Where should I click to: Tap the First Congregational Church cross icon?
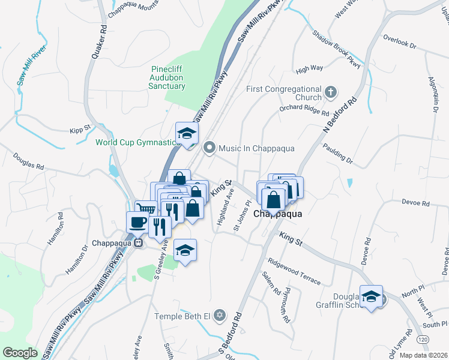click(330, 92)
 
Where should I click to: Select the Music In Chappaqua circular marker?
click(209, 147)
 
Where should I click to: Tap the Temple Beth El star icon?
click(219, 316)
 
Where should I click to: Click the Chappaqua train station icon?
click(138, 244)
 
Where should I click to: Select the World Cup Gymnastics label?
click(137, 142)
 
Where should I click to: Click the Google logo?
click(20, 353)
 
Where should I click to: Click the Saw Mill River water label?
click(31, 67)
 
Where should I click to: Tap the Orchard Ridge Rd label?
click(304, 111)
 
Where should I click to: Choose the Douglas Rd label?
click(29, 160)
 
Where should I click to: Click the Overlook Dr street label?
click(399, 44)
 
